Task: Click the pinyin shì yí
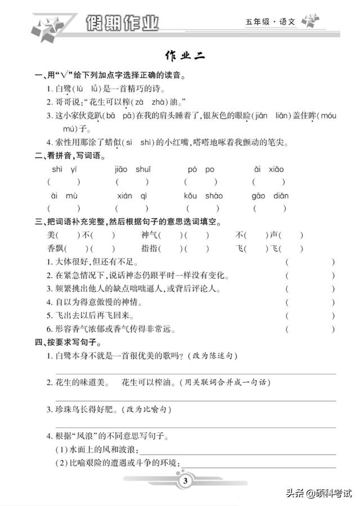tap(64, 169)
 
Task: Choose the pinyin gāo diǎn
tap(270, 196)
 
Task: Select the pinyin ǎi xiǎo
tap(268, 169)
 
